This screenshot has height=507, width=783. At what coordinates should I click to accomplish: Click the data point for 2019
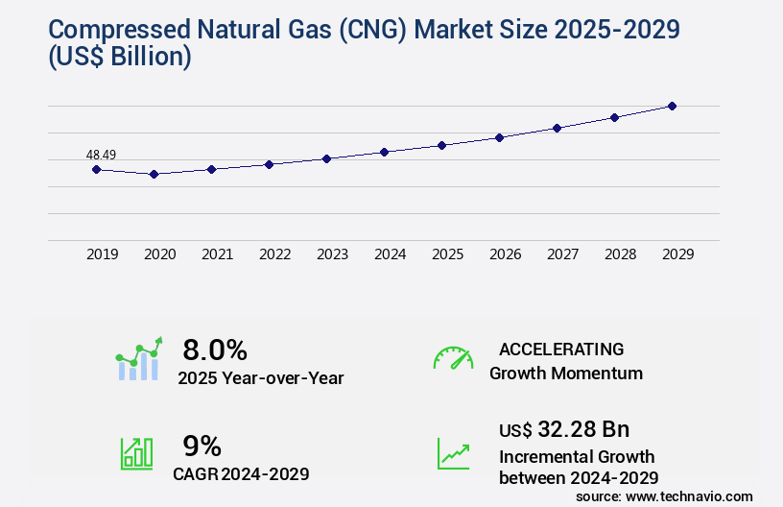pyautogui.click(x=96, y=169)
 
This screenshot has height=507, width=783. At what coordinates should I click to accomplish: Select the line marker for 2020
pyautogui.click(x=154, y=174)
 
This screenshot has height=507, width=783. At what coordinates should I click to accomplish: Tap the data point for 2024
pyautogui.click(x=384, y=152)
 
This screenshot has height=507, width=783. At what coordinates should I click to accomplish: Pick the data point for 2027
pyautogui.click(x=557, y=128)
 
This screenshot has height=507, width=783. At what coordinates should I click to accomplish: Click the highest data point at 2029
pyautogui.click(x=672, y=106)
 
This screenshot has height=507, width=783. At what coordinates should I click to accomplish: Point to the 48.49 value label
pyautogui.click(x=101, y=155)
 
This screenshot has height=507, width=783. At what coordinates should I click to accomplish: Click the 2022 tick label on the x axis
pyautogui.click(x=274, y=254)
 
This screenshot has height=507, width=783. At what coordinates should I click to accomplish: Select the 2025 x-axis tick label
pyautogui.click(x=447, y=254)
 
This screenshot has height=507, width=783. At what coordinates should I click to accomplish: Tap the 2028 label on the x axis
pyautogui.click(x=620, y=254)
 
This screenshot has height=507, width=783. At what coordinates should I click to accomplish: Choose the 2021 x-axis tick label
pyautogui.click(x=217, y=254)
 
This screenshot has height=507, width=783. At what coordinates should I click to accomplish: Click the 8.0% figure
pyautogui.click(x=215, y=350)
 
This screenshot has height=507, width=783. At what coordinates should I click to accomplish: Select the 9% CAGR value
pyautogui.click(x=202, y=446)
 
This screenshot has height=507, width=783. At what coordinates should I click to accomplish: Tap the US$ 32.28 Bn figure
pyautogui.click(x=564, y=429)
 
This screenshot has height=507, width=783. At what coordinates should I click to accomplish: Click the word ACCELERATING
pyautogui.click(x=561, y=350)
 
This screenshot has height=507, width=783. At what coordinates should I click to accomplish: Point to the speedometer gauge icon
pyautogui.click(x=453, y=358)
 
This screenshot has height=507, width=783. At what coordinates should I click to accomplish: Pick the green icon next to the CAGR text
pyautogui.click(x=136, y=453)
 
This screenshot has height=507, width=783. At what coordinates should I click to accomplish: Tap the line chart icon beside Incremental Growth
pyautogui.click(x=453, y=453)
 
